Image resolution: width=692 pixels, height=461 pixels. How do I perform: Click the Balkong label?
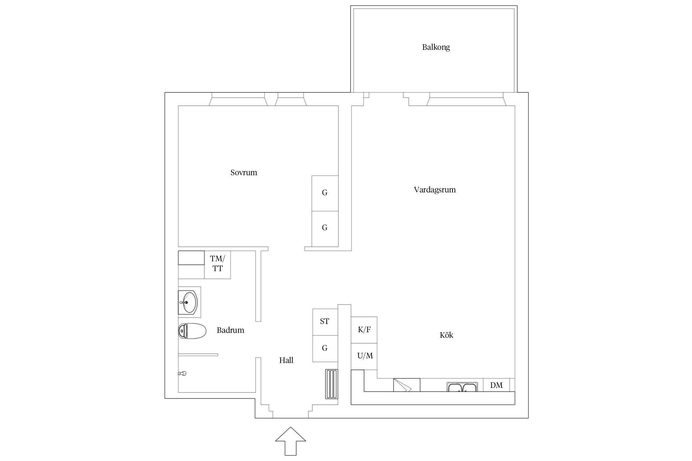pyautogui.click(x=436, y=47)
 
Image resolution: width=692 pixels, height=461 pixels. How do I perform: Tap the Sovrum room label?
pyautogui.click(x=244, y=172)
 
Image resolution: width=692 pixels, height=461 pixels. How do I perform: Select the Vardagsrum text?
pyautogui.click(x=435, y=190)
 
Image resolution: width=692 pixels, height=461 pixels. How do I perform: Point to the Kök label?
pyautogui.click(x=446, y=335)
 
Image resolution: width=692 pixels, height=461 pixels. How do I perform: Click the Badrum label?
pyautogui.click(x=230, y=330)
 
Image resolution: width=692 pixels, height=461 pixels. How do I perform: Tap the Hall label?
pyautogui.click(x=286, y=360)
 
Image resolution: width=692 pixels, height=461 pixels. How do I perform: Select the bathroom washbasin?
pyautogui.click(x=189, y=302)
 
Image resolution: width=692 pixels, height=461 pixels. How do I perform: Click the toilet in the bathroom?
pyautogui.click(x=192, y=331)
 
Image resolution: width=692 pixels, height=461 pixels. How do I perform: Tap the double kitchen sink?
pyautogui.click(x=462, y=387)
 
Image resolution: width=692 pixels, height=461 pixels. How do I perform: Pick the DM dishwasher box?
pyautogui.click(x=496, y=385)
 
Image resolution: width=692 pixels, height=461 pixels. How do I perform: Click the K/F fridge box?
pyautogui.click(x=364, y=330)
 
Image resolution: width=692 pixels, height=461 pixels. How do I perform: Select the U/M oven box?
pyautogui.click(x=364, y=357)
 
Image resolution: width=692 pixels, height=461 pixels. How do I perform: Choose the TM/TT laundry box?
pyautogui.click(x=217, y=265)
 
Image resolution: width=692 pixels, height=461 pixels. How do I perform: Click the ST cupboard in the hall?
pyautogui.click(x=325, y=322)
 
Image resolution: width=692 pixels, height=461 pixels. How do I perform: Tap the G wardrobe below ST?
pyautogui.click(x=325, y=349)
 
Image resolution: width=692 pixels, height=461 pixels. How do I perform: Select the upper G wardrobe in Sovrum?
pyautogui.click(x=325, y=193)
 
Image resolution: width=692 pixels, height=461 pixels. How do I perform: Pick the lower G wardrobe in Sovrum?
pyautogui.click(x=325, y=229)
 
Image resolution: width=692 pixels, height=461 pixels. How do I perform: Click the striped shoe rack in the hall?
pyautogui.click(x=332, y=384)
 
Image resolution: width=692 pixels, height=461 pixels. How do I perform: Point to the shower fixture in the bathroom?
pyautogui.click(x=182, y=374)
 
